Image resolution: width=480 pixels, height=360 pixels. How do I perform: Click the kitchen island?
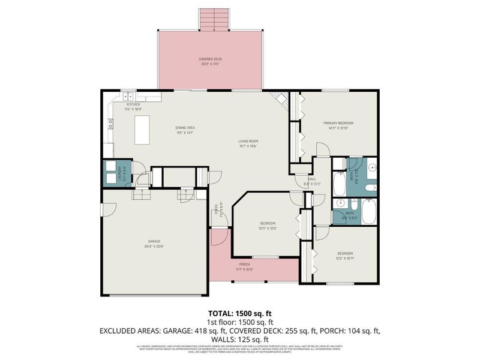142,130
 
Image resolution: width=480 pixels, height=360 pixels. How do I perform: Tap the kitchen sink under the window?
128,95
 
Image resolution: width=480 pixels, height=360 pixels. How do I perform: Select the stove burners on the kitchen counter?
110,124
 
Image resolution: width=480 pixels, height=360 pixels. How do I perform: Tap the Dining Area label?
185,130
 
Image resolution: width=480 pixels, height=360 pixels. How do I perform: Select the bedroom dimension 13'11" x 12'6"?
268,229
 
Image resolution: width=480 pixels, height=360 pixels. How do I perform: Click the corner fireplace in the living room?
280,98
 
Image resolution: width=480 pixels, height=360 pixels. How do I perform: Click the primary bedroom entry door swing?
322,151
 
